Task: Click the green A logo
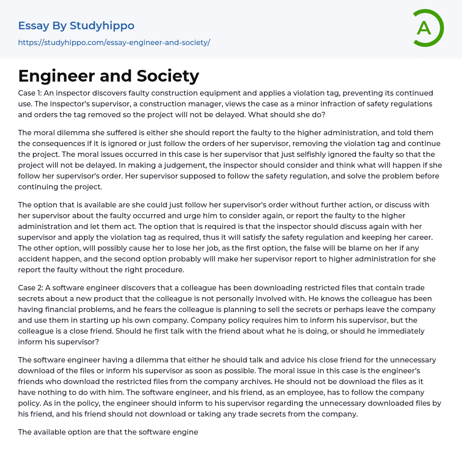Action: tap(427, 28)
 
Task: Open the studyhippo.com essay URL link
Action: tap(114, 42)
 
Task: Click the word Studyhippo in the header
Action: tap(102, 26)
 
